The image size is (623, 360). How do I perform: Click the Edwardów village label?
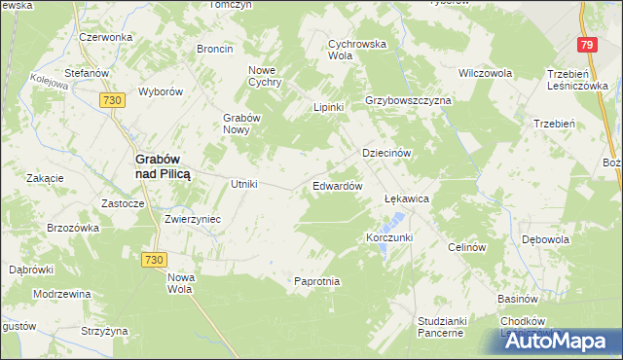[x=337, y=185]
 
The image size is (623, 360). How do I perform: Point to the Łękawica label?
[x=407, y=198]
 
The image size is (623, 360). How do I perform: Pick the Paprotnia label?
[x=316, y=281]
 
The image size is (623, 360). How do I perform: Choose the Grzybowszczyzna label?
[x=408, y=101]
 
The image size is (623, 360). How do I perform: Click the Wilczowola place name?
[x=485, y=73]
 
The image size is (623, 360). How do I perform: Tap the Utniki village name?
[x=242, y=184]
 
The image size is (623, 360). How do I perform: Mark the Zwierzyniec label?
[x=193, y=219]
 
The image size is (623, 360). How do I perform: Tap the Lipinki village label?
[x=328, y=107]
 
